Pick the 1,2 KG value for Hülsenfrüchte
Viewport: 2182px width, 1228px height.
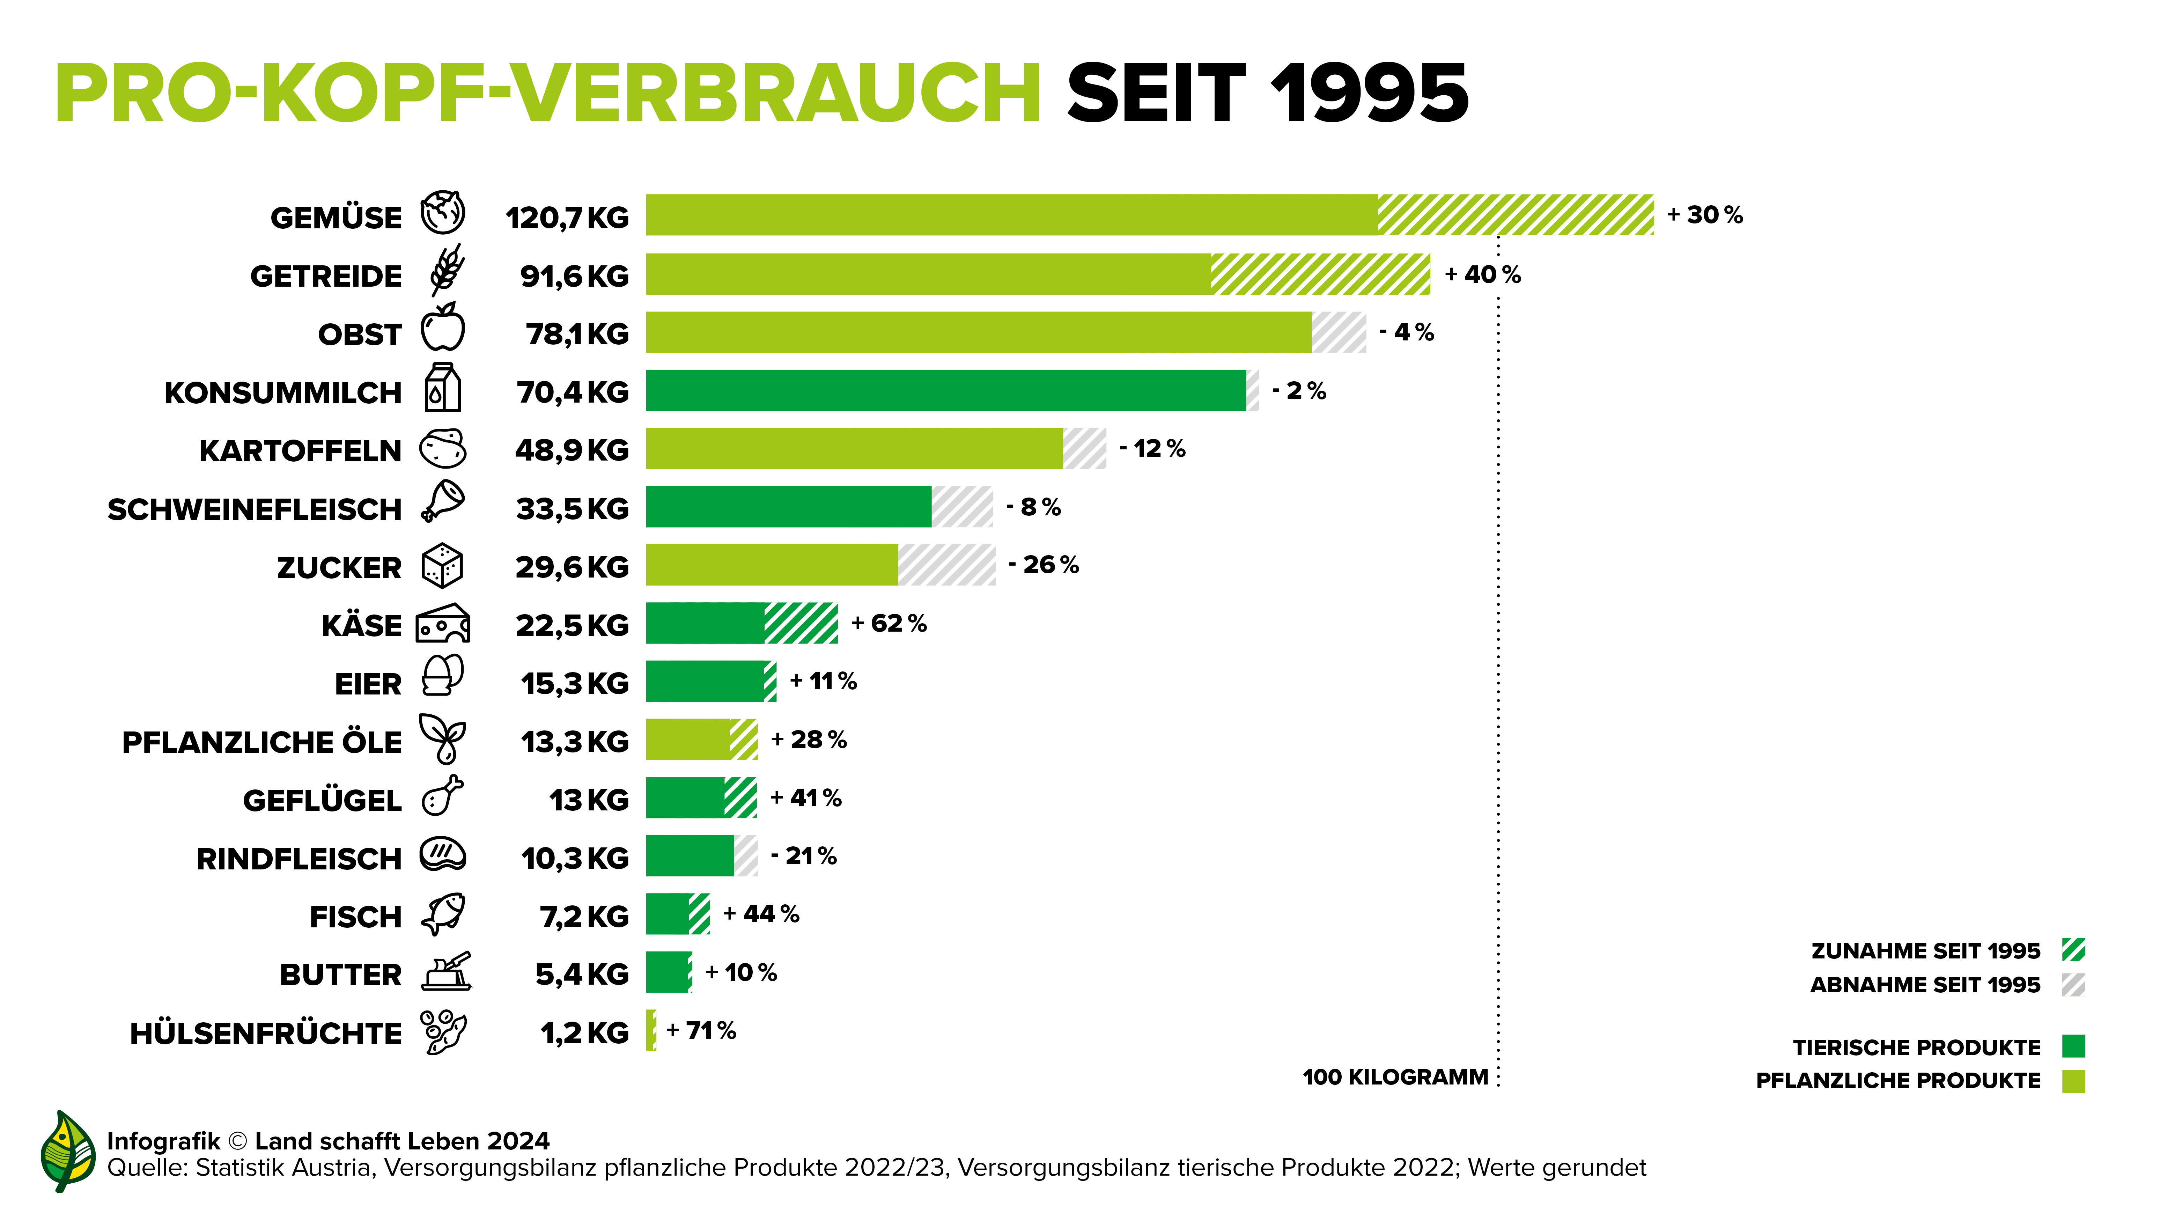tap(584, 1033)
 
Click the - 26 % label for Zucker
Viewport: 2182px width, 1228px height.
tap(1044, 565)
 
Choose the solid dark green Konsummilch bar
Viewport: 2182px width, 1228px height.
tap(944, 390)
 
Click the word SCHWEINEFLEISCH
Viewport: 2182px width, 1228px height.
tap(254, 510)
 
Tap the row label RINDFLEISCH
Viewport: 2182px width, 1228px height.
tap(298, 859)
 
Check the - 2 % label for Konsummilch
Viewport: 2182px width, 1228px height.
tap(1298, 390)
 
